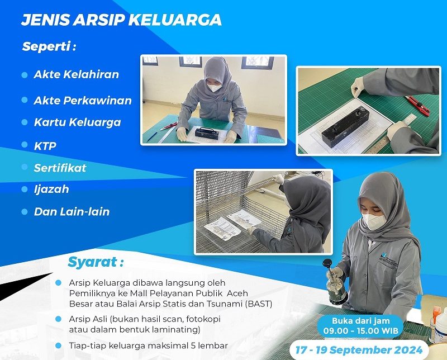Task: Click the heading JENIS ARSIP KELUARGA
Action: pos(121,20)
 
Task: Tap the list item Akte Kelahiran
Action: pos(76,74)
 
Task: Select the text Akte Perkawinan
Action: pos(83,101)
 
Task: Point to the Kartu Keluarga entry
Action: pos(77,122)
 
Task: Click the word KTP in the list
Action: pos(45,146)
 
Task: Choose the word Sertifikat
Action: pos(60,168)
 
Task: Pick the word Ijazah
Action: pos(51,189)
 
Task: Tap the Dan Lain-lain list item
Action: pos(72,212)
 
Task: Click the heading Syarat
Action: pos(96,262)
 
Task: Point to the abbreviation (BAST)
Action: pos(259,304)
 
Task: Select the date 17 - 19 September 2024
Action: pos(359,350)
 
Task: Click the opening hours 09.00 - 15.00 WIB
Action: pos(360,330)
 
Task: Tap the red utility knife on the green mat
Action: pos(417,105)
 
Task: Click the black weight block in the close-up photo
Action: pos(345,126)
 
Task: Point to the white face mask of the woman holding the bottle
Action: pos(374,221)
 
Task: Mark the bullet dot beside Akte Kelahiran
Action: pos(25,75)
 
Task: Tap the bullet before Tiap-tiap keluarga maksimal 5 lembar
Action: pos(59,345)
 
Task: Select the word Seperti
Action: pos(46,46)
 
